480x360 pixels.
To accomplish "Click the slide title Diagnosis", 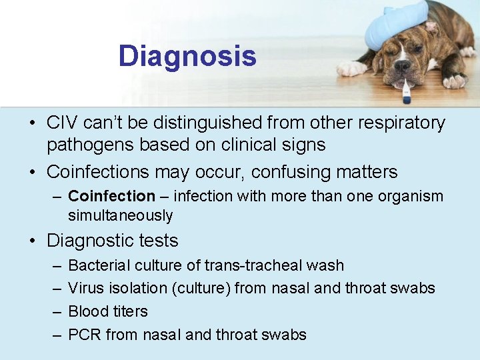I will pos(187,56).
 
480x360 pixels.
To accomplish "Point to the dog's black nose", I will pos(403,67).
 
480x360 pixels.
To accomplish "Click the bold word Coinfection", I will pos(111,196).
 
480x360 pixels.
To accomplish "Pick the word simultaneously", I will pos(120,215).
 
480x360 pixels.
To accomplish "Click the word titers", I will pos(129,311).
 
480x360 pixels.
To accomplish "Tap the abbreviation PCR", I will pos(85,335).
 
